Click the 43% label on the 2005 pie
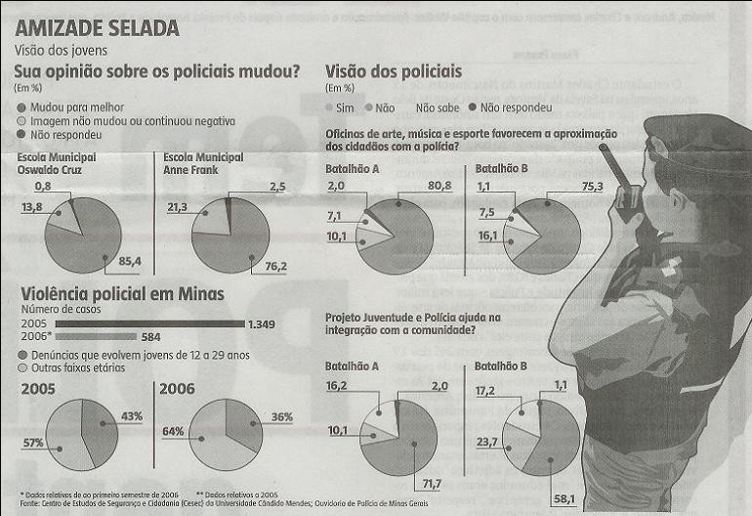132,416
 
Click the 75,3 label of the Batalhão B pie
593,186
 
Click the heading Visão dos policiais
394,71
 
